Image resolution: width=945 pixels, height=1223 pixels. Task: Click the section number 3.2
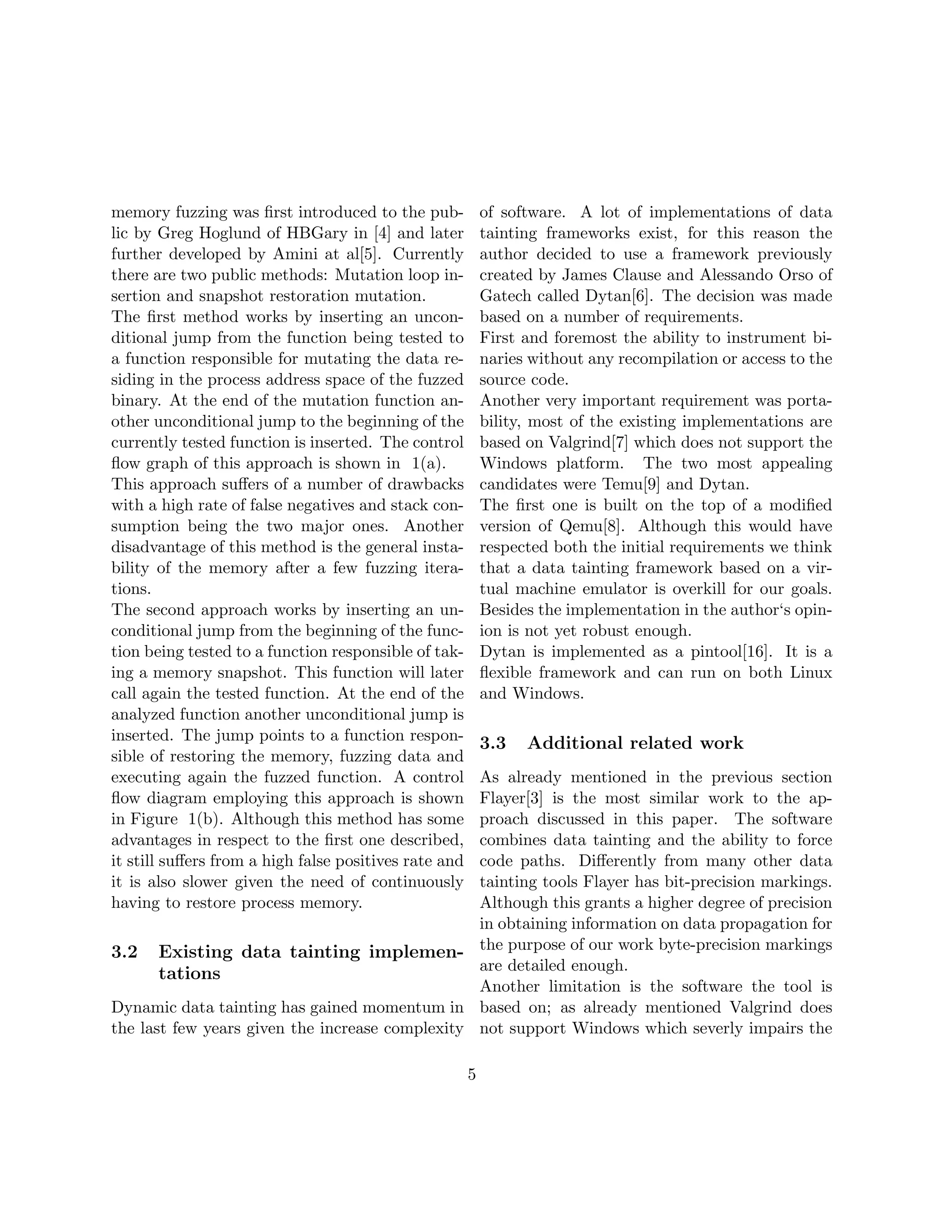click(124, 952)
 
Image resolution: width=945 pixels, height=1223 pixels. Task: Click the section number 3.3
click(493, 743)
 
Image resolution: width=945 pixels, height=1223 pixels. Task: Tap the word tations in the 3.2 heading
click(189, 973)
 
